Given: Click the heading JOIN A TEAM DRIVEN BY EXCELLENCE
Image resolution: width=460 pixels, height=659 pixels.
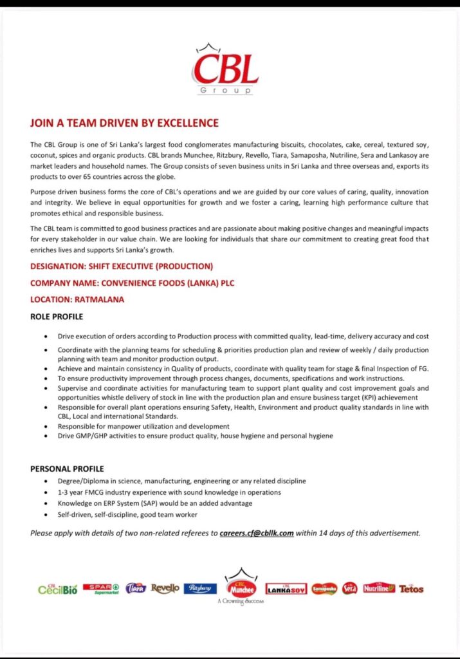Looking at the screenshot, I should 124,123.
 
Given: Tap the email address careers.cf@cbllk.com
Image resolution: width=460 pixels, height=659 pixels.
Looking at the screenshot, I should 257,533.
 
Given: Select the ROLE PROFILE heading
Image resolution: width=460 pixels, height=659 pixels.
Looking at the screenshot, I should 57,317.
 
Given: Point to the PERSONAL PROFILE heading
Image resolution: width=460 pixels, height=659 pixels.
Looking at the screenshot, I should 67,469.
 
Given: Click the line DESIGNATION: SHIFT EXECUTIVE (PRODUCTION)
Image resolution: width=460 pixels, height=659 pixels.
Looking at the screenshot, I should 122,266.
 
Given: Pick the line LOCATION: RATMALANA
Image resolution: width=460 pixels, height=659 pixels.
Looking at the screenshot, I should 77,299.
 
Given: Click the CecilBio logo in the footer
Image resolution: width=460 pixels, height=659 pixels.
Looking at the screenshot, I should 58,589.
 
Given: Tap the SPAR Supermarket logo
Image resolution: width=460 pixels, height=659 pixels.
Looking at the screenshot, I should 103,588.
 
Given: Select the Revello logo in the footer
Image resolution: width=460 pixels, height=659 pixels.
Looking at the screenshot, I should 165,588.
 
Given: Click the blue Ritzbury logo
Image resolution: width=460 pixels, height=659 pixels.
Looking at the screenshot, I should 200,588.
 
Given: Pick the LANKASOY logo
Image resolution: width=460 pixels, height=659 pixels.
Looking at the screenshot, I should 286,589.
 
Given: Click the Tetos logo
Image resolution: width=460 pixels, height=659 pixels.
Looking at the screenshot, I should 411,588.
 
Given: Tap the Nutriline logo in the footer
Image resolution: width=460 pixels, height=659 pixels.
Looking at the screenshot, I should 379,588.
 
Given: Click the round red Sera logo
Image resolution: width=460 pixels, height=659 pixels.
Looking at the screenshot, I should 349,588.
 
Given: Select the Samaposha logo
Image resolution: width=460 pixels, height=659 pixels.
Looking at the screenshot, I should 324,588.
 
